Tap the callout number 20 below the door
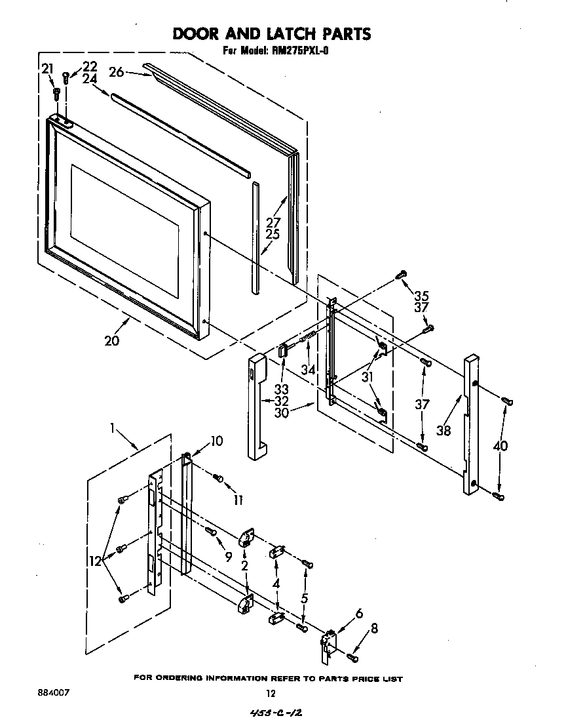[112, 340]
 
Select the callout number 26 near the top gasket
[116, 72]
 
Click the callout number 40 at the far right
[500, 446]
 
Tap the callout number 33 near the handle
[281, 389]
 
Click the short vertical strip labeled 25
[255, 236]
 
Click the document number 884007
[54, 692]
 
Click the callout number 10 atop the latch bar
[216, 441]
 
